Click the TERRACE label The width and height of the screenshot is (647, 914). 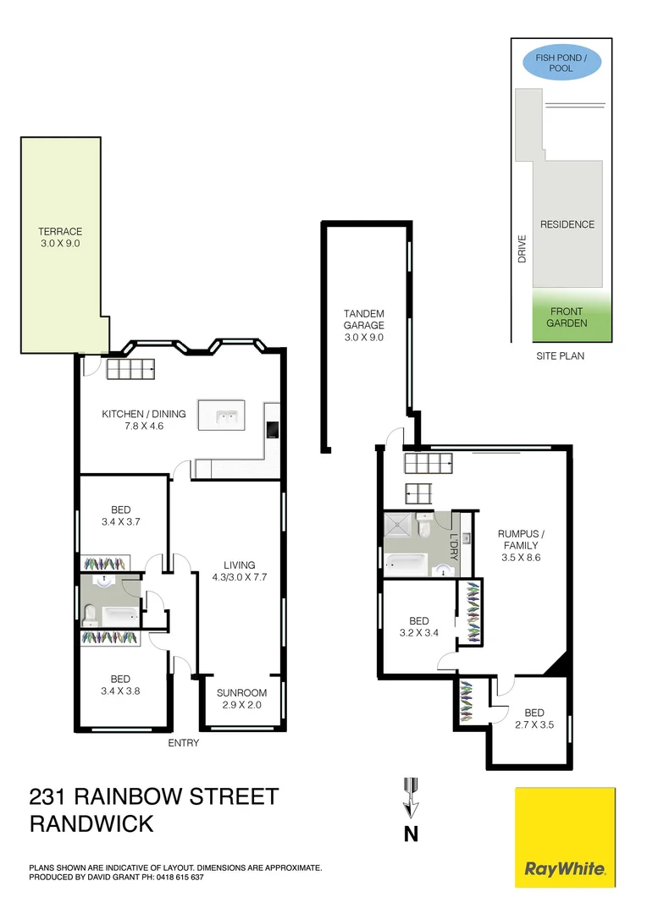[x=59, y=231]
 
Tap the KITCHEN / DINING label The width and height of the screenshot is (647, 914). [x=144, y=414]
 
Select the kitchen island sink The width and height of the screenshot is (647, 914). [x=226, y=416]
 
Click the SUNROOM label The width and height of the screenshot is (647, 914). [x=241, y=693]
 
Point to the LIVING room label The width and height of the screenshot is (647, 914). [x=239, y=565]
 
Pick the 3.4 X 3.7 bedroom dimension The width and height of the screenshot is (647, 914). [x=120, y=522]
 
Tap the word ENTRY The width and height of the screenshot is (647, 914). [x=184, y=743]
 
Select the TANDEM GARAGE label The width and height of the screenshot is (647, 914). [x=363, y=319]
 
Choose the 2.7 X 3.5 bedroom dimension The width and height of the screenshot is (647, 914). [x=534, y=724]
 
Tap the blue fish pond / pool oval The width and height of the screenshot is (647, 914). [x=561, y=63]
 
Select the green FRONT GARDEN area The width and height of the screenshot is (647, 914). [x=567, y=317]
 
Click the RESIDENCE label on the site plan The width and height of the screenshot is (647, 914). [x=567, y=224]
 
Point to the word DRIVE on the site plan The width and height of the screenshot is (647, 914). [x=523, y=248]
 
